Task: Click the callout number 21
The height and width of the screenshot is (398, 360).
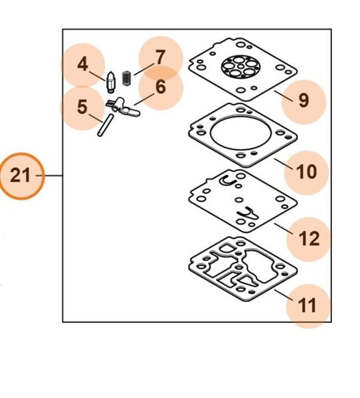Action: (20, 176)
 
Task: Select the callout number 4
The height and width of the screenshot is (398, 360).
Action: (82, 64)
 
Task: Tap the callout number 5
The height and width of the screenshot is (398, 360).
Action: (82, 108)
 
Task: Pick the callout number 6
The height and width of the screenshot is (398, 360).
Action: (160, 87)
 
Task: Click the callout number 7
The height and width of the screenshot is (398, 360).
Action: (160, 58)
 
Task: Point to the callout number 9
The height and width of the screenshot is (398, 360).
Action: (304, 100)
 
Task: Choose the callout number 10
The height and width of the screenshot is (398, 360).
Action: (306, 172)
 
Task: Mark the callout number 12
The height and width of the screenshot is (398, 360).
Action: (309, 239)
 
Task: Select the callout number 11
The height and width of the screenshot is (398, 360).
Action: (307, 306)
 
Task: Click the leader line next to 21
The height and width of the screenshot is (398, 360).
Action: (53, 176)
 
